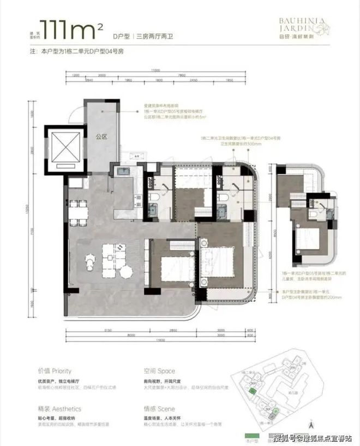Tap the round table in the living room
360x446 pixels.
click(126, 271)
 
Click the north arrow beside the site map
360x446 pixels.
click(311, 421)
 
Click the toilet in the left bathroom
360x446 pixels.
click(153, 197)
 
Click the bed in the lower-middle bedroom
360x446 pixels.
click(173, 266)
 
